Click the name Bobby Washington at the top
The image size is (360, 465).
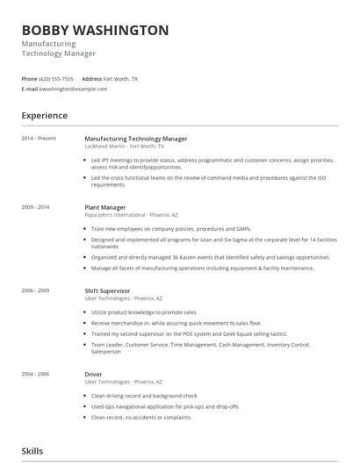(x=95, y=30)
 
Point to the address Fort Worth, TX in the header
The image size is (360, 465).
(x=120, y=78)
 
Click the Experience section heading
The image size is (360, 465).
(x=45, y=115)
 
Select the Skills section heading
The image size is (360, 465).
(x=32, y=451)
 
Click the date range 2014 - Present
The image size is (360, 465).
(x=39, y=139)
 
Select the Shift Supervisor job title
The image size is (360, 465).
(x=107, y=290)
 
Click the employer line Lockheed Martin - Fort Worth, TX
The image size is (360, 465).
(x=124, y=147)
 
